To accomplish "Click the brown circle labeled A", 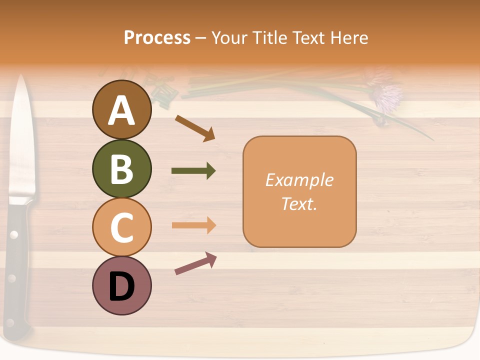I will point(121,110).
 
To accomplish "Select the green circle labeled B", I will point(121,168).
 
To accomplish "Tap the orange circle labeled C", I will point(121,227).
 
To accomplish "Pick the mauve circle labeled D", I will point(121,285).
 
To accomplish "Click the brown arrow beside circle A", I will point(195,127).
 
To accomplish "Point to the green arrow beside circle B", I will point(193,171).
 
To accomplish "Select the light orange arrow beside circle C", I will point(193,225).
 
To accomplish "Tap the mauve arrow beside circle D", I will point(195,263).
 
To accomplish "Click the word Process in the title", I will point(157,37).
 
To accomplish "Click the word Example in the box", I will point(299,180).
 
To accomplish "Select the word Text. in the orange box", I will point(299,203).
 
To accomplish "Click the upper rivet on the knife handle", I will point(14,234).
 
